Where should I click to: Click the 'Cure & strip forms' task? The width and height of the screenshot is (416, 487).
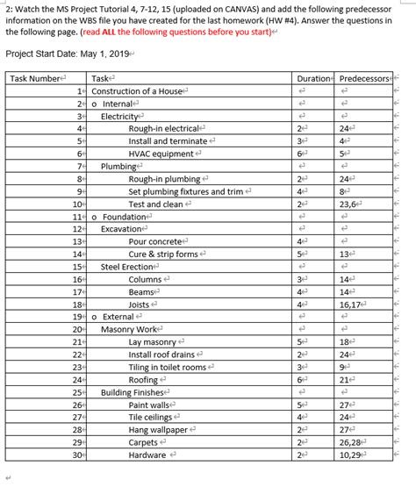(162, 254)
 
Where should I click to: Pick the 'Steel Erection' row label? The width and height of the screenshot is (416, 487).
(127, 267)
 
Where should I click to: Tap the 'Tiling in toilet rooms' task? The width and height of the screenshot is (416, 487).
(168, 368)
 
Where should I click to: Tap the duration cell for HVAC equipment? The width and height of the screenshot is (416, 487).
(302, 154)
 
